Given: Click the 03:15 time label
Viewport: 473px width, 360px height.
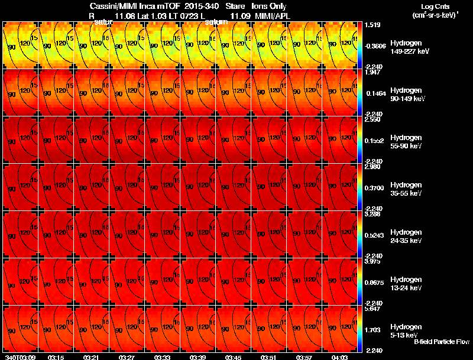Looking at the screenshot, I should (56, 357).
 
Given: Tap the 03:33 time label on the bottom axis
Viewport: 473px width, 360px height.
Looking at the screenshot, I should (163, 357).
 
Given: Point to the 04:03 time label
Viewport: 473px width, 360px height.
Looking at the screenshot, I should (339, 357).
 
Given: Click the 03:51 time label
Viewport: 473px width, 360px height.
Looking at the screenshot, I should (269, 357).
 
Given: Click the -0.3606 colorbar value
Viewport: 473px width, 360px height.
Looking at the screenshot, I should (377, 46).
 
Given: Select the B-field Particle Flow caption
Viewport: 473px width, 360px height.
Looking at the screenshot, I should (440, 342).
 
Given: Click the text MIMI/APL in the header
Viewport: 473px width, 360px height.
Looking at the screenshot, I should (271, 15).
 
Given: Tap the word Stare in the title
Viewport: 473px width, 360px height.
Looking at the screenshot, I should (235, 6).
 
